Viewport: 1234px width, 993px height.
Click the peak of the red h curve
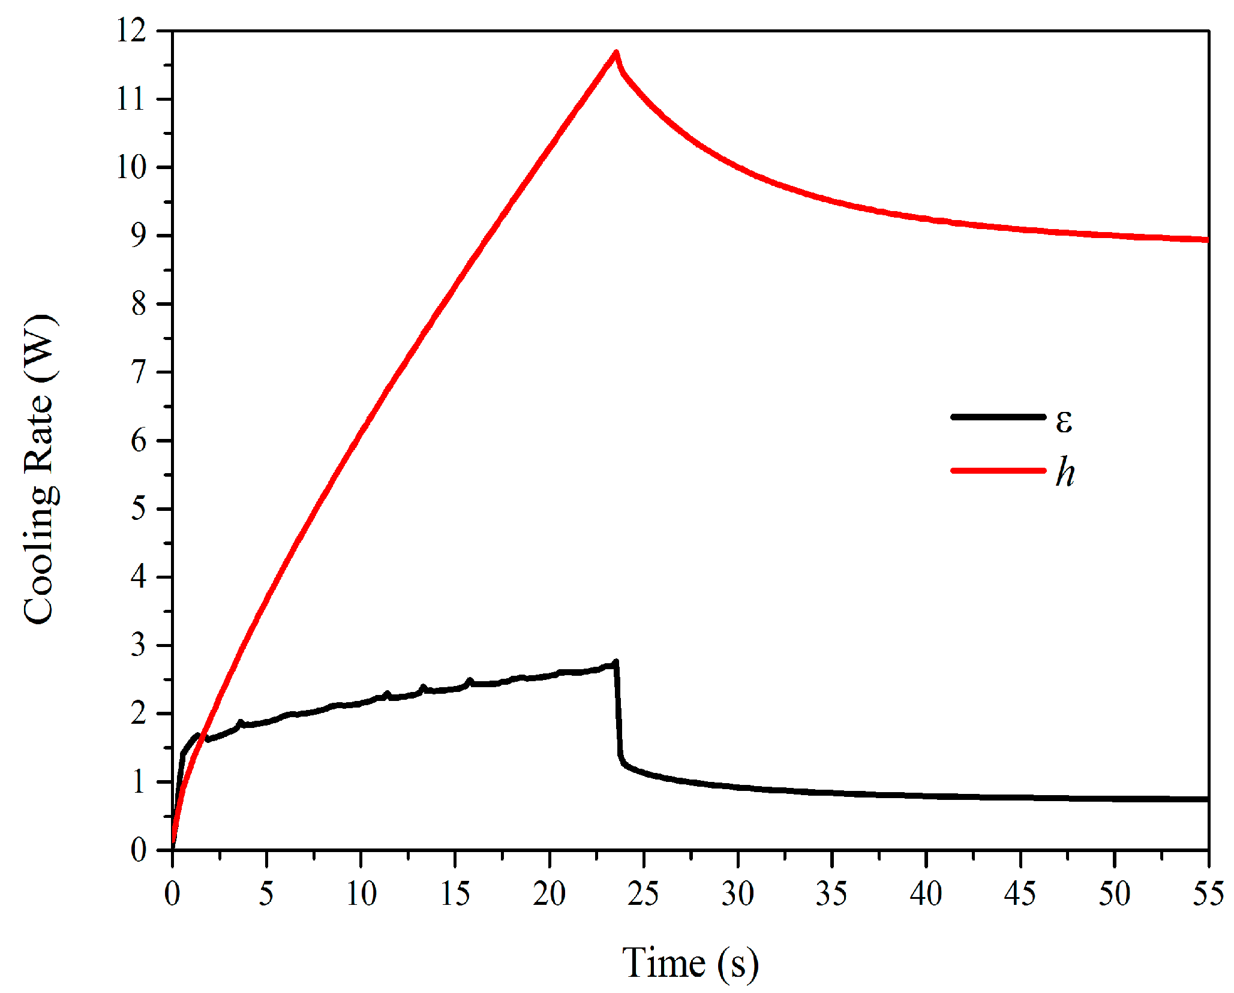pos(616,53)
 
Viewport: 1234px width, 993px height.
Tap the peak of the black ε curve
pos(616,663)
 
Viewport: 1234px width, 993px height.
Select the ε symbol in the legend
pos(1064,422)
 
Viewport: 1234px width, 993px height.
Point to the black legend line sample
pos(998,417)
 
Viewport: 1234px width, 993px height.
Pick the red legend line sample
pos(998,471)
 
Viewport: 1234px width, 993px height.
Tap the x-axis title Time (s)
pos(690,963)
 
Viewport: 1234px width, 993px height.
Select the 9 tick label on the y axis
pos(139,236)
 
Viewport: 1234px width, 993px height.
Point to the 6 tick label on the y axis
pos(139,441)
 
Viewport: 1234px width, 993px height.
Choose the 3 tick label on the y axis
pos(139,646)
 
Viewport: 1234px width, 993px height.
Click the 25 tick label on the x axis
pos(643,894)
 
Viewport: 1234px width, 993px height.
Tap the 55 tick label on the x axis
pos(1208,894)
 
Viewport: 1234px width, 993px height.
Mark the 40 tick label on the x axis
pos(926,894)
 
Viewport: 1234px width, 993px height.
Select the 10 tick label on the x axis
pos(361,894)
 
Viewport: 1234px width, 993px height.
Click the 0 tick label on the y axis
pos(139,850)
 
